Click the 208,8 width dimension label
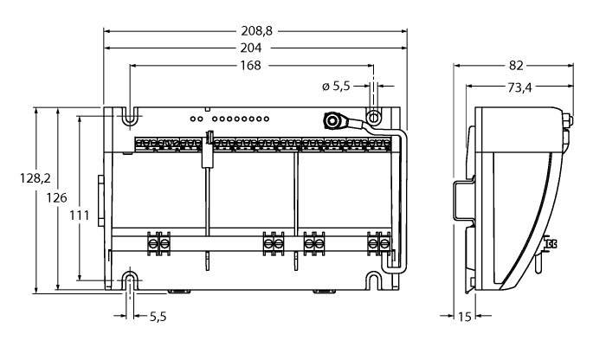pyautogui.click(x=255, y=29)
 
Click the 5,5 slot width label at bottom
pyautogui.click(x=158, y=317)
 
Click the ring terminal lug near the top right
pyautogui.click(x=333, y=121)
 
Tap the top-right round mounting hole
pyautogui.click(x=374, y=116)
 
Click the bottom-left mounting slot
pyautogui.click(x=129, y=280)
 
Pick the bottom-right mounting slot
pyautogui.click(x=374, y=280)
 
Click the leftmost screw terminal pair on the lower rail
pyautogui.click(x=160, y=243)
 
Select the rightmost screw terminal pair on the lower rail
pyautogui.click(x=377, y=243)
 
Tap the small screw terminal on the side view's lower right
pyautogui.click(x=551, y=247)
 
